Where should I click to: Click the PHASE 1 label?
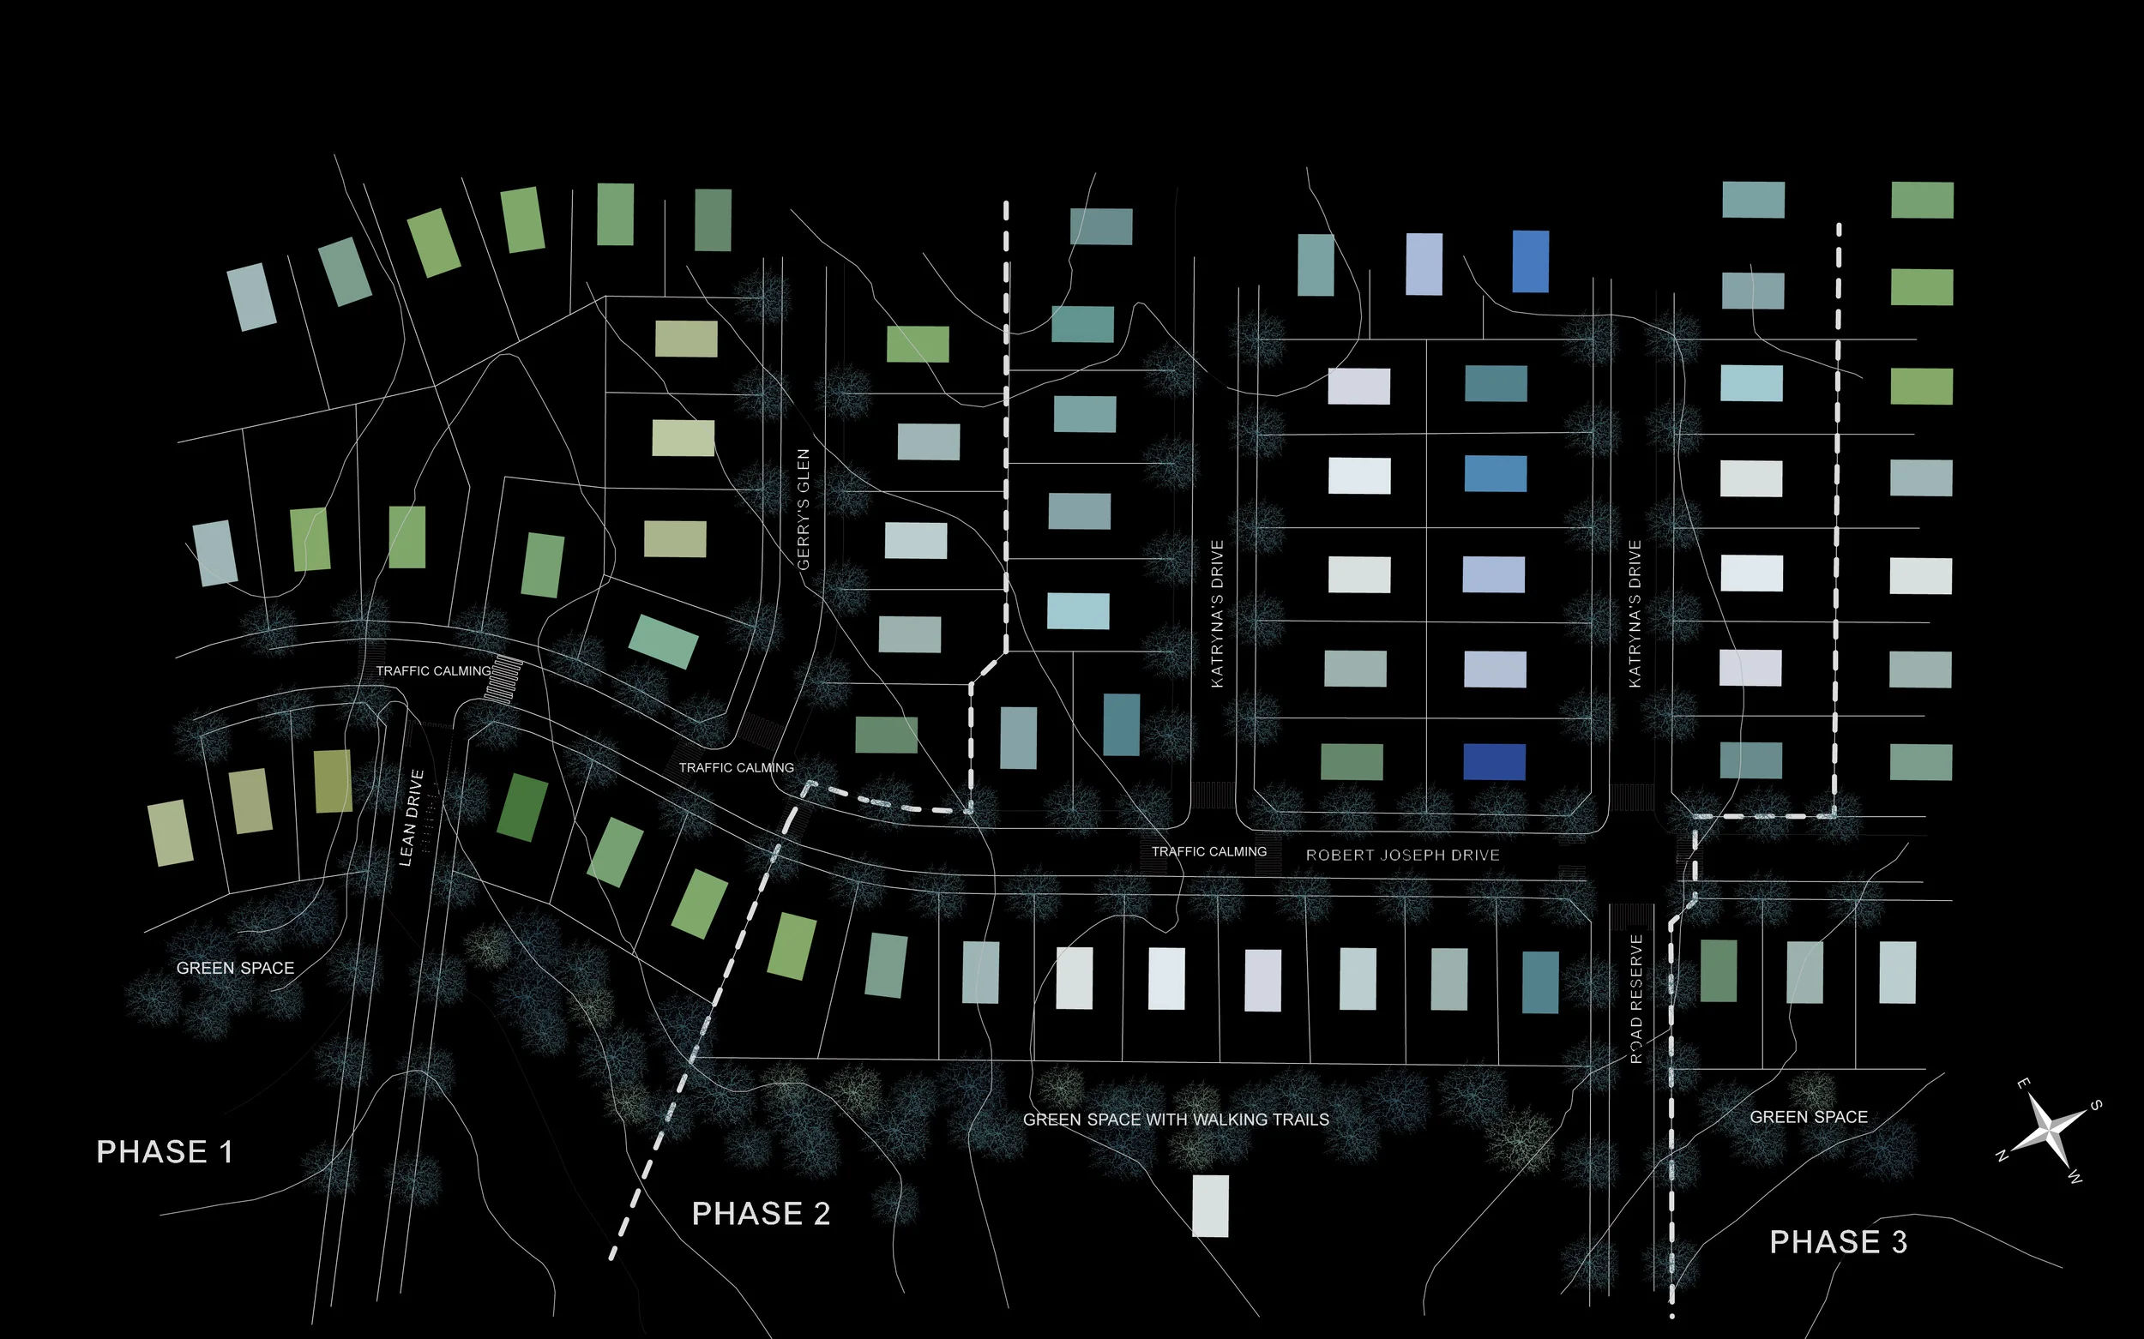tap(165, 1152)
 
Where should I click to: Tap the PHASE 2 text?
tap(761, 1214)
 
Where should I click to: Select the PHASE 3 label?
tap(1839, 1242)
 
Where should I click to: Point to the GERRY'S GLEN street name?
tap(804, 509)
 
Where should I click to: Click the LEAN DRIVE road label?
tap(412, 818)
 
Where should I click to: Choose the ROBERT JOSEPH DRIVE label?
tap(1402, 856)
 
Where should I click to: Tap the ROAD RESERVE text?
tap(1636, 998)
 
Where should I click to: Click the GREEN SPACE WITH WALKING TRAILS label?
tap(1176, 1120)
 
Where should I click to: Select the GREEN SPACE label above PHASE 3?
tap(1808, 1118)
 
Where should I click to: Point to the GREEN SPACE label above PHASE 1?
tap(235, 969)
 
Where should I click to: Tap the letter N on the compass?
tap(2002, 1156)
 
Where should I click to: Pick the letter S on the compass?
tap(2096, 1105)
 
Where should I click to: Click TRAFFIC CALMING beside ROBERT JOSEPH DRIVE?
tap(1208, 852)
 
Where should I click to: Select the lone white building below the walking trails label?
tap(1210, 1206)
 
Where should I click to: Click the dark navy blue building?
tap(1494, 762)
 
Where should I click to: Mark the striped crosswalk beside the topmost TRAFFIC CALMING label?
tap(506, 680)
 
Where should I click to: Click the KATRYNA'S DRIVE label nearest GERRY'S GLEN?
tap(1217, 614)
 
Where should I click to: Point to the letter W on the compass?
tap(2075, 1178)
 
